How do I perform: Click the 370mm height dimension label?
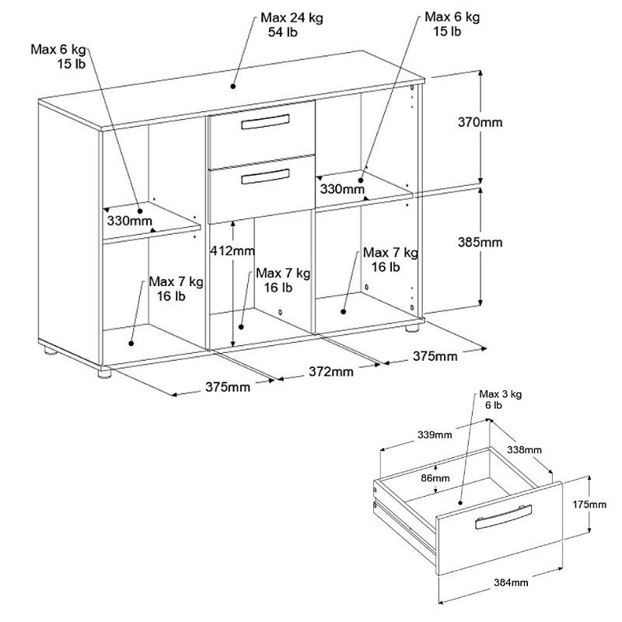[480, 122]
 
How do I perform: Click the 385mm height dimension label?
[480, 242]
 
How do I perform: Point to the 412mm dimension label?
[232, 251]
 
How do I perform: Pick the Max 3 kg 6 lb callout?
[500, 399]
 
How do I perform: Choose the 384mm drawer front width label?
[511, 582]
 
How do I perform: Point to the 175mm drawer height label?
[589, 505]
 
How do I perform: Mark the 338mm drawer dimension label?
[525, 449]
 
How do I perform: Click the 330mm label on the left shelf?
[129, 221]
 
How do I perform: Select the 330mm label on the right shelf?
[342, 188]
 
